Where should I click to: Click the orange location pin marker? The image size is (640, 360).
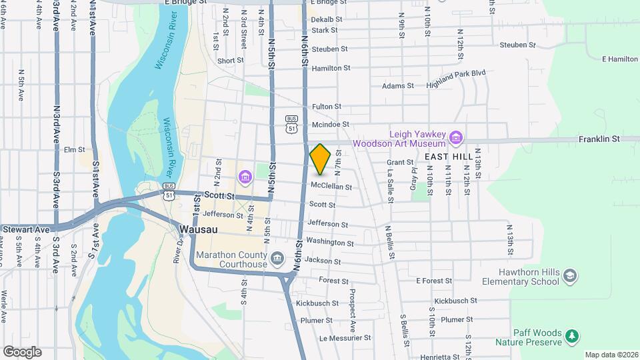320,159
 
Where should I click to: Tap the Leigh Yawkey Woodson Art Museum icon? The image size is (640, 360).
456,138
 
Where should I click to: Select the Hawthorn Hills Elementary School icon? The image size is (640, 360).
569,276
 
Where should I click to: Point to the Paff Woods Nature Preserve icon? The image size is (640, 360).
572,337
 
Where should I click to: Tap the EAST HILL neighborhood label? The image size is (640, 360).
449,156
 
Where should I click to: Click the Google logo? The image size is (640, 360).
22,351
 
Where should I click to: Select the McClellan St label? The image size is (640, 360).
331,187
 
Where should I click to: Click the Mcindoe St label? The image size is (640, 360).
326,125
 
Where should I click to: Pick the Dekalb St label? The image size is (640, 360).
326,20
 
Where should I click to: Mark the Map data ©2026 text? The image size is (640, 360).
610,355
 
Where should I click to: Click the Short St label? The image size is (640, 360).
231,61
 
